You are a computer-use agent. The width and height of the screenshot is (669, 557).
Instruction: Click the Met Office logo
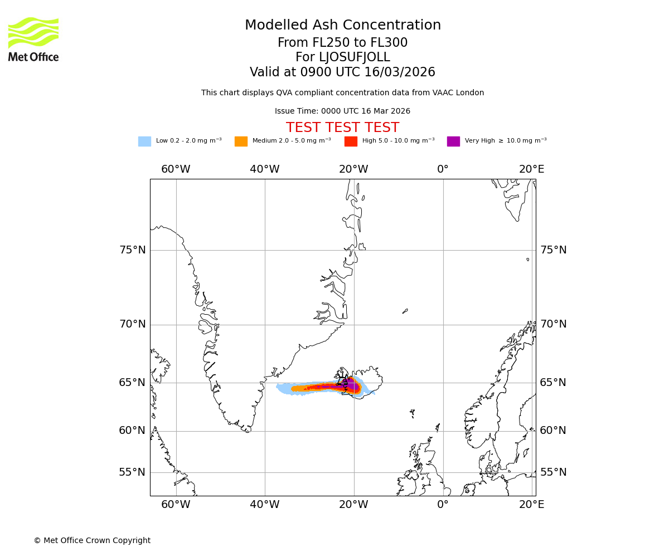[x=33, y=39]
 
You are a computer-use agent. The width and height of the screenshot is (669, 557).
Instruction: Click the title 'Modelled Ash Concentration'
[x=343, y=26]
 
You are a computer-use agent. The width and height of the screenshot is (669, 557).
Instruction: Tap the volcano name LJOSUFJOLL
[x=343, y=57]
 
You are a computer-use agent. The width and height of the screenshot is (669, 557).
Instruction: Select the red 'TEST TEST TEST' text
[x=342, y=128]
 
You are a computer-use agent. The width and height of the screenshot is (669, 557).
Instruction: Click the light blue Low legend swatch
[x=144, y=141]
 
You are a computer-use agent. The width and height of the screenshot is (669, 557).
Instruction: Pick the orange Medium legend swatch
[x=241, y=141]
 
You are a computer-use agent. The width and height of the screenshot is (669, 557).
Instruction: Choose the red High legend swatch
[x=351, y=141]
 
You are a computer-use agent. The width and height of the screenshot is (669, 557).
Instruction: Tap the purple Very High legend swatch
[x=453, y=141]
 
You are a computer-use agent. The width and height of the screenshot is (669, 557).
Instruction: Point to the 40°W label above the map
[x=265, y=169]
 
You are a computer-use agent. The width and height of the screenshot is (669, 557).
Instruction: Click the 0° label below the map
[x=443, y=505]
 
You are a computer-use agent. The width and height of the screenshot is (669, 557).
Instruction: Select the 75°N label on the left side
[x=133, y=250]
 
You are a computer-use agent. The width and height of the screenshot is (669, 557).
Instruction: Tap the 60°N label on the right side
[x=553, y=431]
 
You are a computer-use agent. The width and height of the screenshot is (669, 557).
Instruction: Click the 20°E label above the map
[x=532, y=169]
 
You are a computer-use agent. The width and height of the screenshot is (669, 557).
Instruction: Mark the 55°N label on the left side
[x=133, y=472]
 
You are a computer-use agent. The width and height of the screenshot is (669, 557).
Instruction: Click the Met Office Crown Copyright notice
[x=92, y=541]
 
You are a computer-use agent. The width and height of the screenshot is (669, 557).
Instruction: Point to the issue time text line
[x=342, y=111]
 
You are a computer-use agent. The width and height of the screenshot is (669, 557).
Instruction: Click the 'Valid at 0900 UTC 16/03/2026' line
[x=342, y=72]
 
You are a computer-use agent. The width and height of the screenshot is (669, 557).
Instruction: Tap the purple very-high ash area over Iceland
[x=353, y=385]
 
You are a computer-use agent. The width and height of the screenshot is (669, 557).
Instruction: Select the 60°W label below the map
[x=176, y=505]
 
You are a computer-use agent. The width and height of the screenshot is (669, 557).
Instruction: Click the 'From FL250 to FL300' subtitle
[x=342, y=43]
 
